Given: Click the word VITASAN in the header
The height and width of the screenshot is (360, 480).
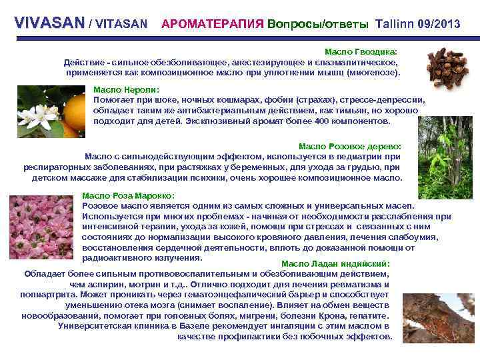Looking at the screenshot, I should [121, 24].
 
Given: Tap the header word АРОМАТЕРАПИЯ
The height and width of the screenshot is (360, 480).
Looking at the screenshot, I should [212, 24].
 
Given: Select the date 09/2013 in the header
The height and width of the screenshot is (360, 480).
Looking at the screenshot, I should [438, 24].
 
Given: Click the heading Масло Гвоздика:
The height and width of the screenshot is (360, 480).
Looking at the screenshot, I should [360, 51].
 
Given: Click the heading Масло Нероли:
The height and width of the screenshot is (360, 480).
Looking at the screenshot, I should [126, 89].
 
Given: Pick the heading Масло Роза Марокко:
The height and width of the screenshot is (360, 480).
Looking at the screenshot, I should [128, 196].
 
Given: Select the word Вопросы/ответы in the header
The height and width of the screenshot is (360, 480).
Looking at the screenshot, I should [317, 24].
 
